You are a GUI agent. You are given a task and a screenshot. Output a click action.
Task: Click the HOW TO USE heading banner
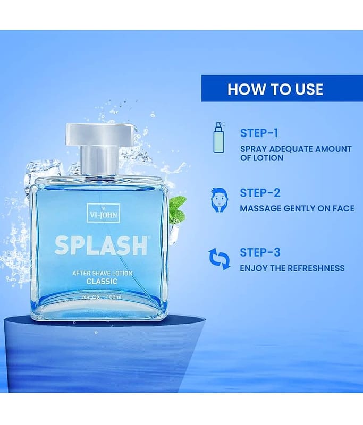coord(282,88)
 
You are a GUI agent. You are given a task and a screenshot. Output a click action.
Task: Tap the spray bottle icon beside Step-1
coord(220,138)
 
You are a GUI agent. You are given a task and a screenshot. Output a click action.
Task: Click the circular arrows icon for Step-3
coord(220,259)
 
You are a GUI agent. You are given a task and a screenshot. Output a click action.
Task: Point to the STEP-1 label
coord(259,133)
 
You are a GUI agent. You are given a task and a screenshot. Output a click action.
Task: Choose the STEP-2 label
coord(260,193)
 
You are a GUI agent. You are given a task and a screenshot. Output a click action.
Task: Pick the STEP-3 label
coord(260,252)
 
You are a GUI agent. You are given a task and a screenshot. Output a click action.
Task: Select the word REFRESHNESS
coord(316,268)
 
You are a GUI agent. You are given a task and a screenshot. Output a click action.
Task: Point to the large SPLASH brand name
coord(101,246)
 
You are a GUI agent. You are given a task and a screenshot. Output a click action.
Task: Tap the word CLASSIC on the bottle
coord(102,282)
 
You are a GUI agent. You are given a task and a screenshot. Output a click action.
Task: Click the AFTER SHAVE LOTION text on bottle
coord(102,273)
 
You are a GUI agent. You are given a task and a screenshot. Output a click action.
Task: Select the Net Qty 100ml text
coord(102,297)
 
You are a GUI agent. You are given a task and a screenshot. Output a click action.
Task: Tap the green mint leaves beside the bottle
coord(177,209)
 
